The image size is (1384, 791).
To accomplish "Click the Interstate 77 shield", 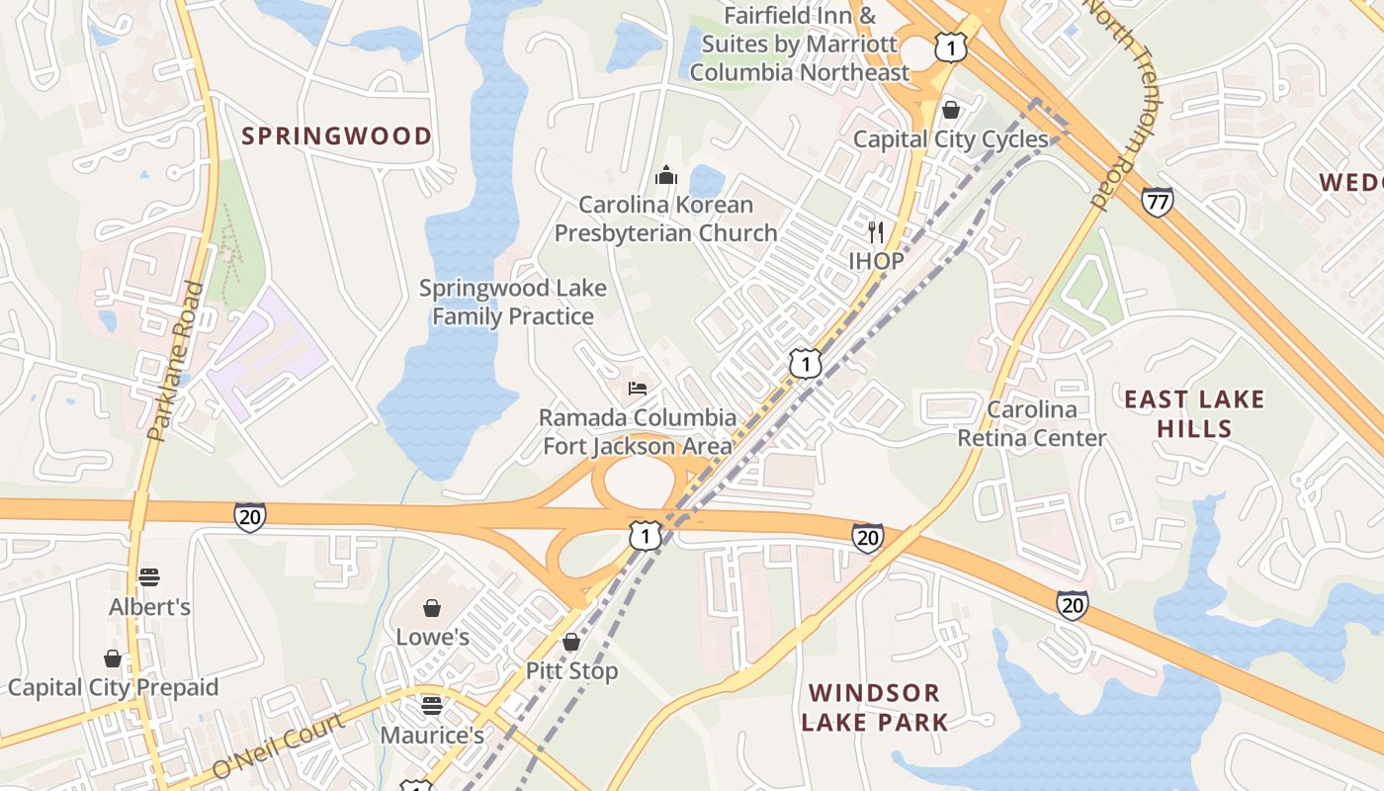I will point(1157,202).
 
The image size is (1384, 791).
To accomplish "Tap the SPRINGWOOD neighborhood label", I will point(337,136).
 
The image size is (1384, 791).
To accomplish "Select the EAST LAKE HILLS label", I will point(1194,414).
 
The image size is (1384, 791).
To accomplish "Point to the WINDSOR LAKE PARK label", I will point(875,707).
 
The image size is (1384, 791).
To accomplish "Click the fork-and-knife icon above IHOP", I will point(875,232).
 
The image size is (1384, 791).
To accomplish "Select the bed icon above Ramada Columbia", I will point(639,388).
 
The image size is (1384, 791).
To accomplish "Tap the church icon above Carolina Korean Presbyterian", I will point(666,176).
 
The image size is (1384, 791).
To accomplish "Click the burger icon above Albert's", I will point(149,576).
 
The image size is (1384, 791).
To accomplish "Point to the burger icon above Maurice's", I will point(431,705).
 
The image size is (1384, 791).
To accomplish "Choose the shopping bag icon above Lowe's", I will point(432,607).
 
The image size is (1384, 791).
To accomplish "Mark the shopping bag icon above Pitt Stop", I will point(571,642).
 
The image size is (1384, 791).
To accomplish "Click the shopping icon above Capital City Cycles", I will point(950,109).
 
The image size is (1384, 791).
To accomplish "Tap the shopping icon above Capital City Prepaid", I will point(113,659).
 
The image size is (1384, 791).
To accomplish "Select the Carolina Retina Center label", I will point(1032,423).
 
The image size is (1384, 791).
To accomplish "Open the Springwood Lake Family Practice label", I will point(513,303).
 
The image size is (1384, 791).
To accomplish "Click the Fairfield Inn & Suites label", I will point(800,44).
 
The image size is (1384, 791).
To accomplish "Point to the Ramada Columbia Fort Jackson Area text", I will point(638,432).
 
